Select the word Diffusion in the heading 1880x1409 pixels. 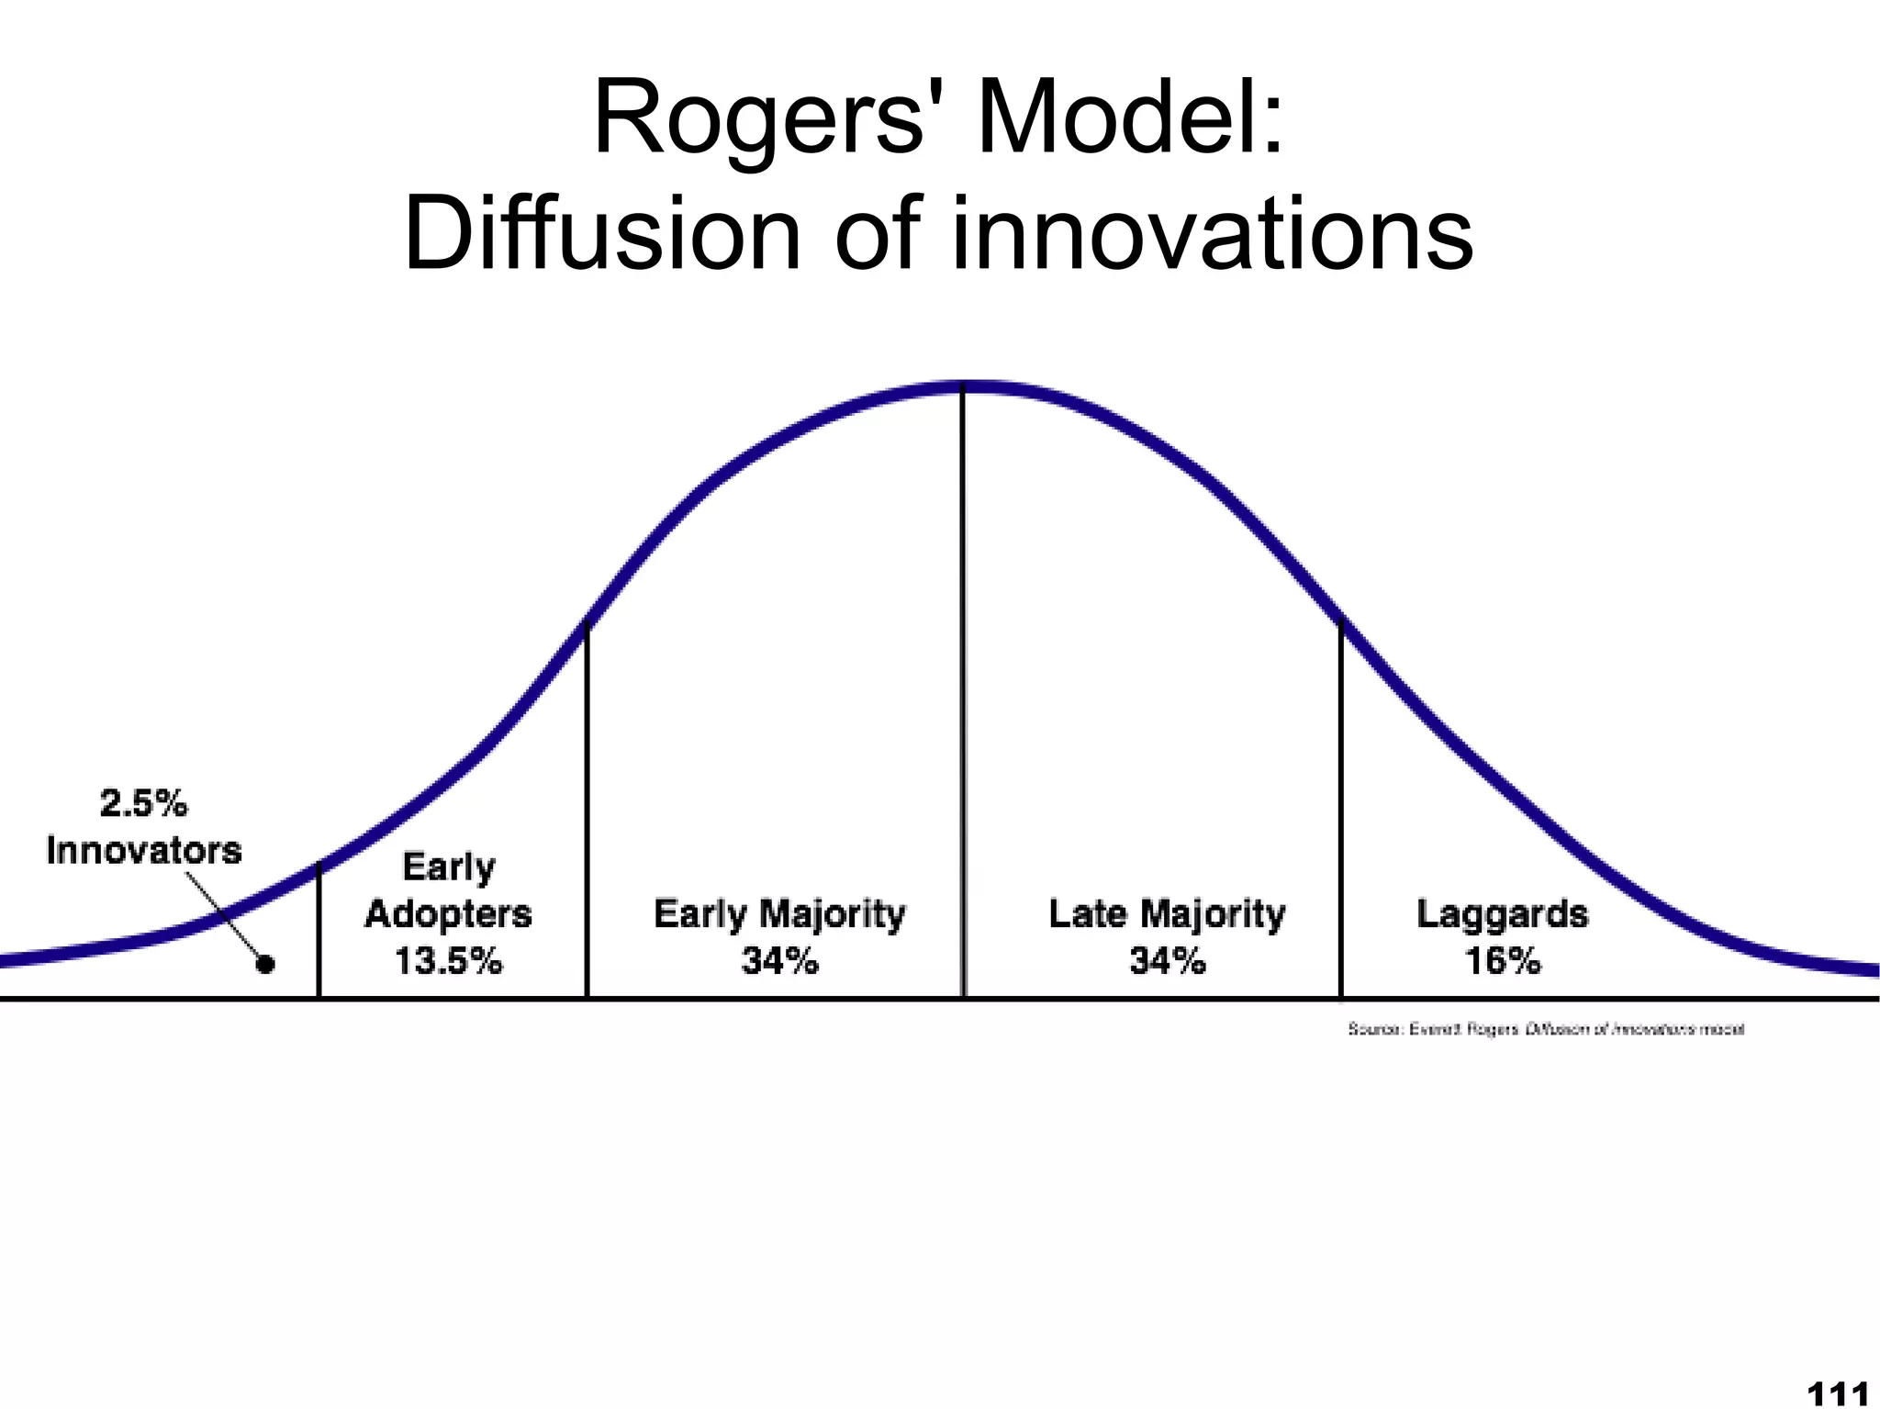coord(602,234)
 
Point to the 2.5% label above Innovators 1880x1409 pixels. coord(143,804)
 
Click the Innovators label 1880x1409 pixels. coord(144,850)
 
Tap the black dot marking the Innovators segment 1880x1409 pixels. coord(265,964)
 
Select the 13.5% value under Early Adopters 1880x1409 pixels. coord(448,961)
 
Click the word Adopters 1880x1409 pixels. coord(448,914)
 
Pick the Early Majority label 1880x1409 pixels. coord(779,914)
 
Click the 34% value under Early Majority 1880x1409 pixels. coord(779,961)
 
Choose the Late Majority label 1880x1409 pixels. coord(1167,914)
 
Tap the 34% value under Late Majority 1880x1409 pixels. coord(1167,961)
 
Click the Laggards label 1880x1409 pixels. coord(1502,914)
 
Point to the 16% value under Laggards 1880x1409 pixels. coord(1502,961)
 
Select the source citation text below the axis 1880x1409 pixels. coord(1545,1029)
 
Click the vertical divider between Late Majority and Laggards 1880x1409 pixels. coord(1341,808)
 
